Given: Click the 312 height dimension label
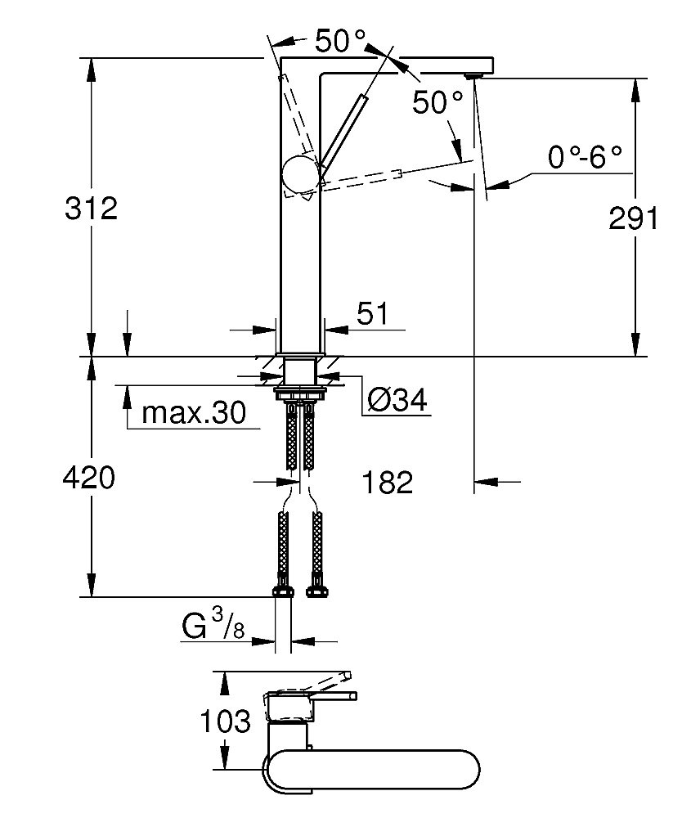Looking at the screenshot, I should tap(92, 209).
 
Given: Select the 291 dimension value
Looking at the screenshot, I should tap(635, 219).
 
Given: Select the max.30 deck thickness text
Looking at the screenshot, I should tap(193, 413).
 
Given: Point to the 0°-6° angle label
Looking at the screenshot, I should tap(585, 158).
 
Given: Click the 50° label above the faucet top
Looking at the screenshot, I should tap(340, 41).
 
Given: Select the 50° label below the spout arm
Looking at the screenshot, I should tap(437, 102).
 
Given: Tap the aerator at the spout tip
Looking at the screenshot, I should tap(473, 75).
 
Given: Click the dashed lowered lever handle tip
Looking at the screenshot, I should tap(397, 173).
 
